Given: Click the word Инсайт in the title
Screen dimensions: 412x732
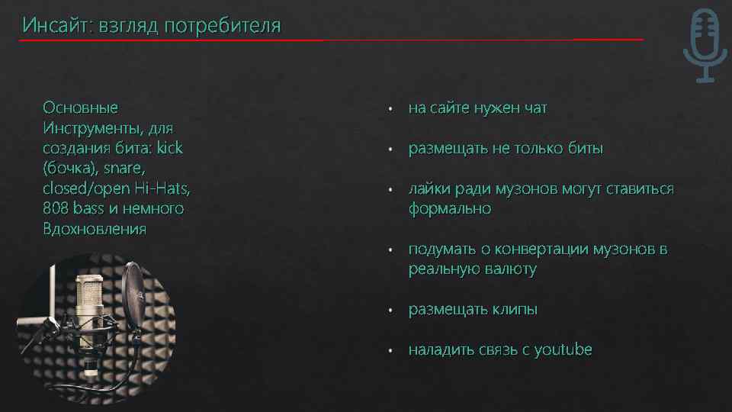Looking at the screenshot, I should click(x=54, y=26).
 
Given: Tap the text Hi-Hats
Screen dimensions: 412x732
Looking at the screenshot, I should click(x=163, y=188).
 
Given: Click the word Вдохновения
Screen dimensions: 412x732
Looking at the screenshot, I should click(x=95, y=229).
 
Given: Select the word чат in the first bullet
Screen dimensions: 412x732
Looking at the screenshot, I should click(x=535, y=108).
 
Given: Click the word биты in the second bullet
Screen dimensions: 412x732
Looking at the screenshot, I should click(x=586, y=149).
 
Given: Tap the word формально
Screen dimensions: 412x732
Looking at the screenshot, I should click(x=449, y=208).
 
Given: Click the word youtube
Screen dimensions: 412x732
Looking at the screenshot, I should click(x=563, y=349).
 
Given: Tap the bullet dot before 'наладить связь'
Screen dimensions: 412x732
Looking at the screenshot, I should click(x=390, y=351).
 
